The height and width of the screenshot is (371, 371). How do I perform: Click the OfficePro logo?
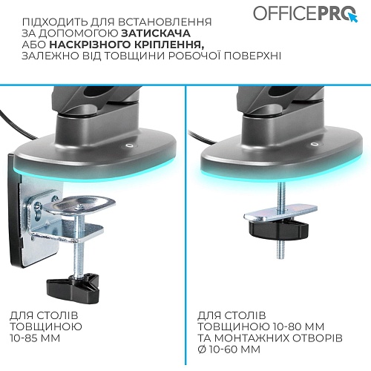tap(305, 13)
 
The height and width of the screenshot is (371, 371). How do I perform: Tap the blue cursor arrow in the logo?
tap(353, 17)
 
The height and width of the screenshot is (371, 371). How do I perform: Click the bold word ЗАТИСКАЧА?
tap(156, 33)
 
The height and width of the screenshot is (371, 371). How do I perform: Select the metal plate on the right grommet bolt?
tap(280, 213)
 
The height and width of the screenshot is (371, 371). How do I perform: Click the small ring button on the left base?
tap(128, 145)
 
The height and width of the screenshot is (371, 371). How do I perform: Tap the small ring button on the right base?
tap(315, 144)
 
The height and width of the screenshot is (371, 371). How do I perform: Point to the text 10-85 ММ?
tap(35, 338)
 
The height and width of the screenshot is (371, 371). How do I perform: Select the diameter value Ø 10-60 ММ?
tap(229, 349)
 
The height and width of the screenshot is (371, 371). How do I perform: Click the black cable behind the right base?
tap(202, 137)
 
